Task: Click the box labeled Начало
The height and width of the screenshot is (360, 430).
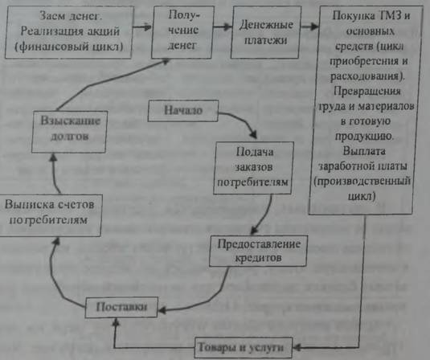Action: coord(183,111)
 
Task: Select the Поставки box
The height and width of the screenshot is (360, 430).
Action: coord(121,307)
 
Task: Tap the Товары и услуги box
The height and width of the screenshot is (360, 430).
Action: coord(243,348)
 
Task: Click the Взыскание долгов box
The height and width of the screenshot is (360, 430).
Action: coord(69,132)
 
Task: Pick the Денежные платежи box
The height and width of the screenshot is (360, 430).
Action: coord(265,32)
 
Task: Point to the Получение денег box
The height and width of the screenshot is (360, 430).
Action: coord(182,32)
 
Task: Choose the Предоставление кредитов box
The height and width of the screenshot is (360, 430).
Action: coord(258,251)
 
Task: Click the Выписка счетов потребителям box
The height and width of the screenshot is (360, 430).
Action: coord(50,215)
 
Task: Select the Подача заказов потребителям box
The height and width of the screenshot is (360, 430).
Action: coord(253,168)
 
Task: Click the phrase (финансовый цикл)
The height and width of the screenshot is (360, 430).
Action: coord(68,47)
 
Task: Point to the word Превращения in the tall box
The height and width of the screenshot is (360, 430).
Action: coord(367,91)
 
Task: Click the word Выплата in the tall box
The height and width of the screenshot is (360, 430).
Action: coord(364,151)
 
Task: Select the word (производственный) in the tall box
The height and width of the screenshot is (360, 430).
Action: coord(362,182)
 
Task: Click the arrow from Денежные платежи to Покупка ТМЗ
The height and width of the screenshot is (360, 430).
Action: coord(310,27)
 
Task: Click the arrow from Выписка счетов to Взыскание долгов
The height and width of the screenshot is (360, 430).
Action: coord(54,174)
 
